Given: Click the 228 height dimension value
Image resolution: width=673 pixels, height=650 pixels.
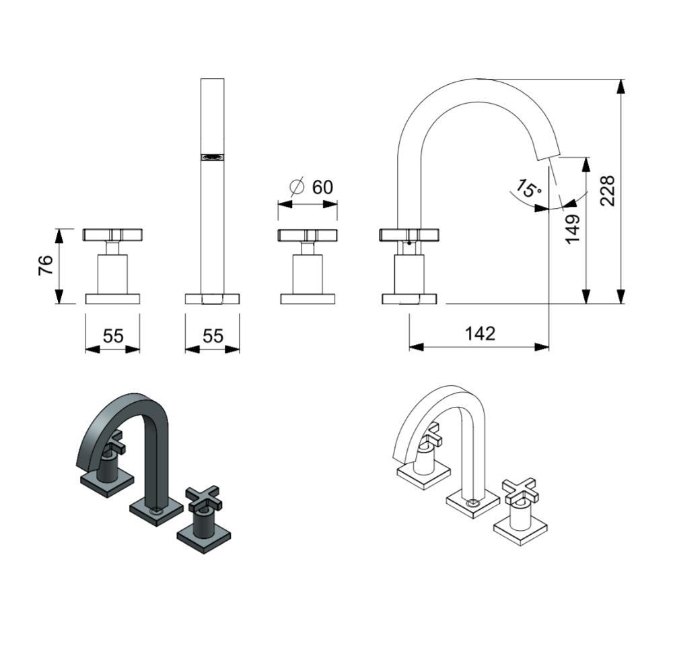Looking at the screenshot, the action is [608, 191].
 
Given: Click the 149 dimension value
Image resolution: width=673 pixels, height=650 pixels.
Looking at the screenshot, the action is [573, 230].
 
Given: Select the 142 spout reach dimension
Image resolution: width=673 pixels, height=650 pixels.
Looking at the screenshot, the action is [481, 333].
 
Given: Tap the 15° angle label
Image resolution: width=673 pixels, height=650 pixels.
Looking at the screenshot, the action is [528, 189].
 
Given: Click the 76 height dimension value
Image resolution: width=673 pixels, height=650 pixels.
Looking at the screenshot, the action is [46, 265].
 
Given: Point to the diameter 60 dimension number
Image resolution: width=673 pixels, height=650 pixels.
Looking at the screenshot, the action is [322, 187].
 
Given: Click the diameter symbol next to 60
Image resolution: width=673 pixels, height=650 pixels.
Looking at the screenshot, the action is [297, 187].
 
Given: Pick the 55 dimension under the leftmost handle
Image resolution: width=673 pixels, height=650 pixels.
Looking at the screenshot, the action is [113, 336].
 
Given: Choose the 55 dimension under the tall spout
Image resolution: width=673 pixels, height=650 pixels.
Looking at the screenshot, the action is [213, 336].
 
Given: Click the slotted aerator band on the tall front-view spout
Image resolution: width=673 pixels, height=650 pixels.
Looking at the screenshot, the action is [213, 157].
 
